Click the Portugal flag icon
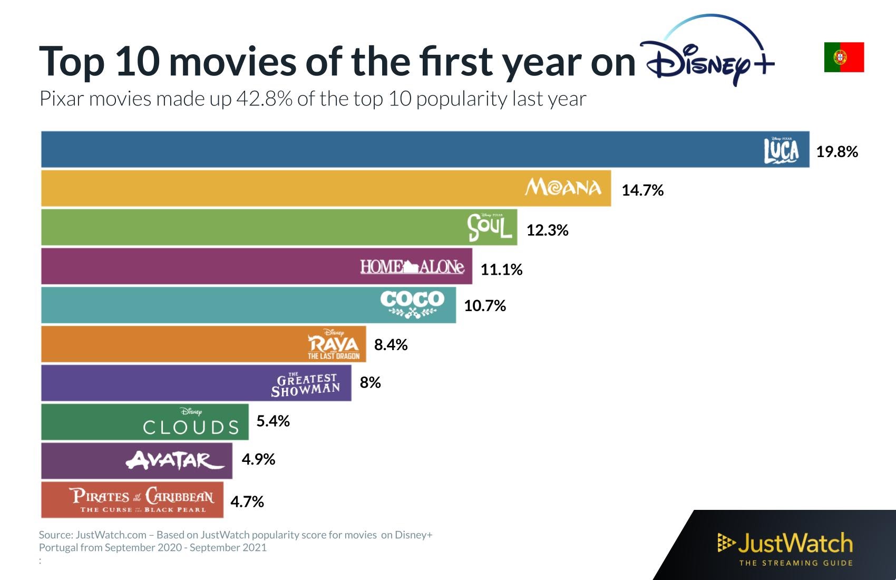click(844, 57)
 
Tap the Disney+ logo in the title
click(706, 55)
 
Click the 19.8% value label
click(837, 152)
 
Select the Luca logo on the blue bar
click(782, 150)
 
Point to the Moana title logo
click(563, 188)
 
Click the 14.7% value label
click(642, 190)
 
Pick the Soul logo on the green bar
click(490, 227)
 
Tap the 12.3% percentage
click(547, 230)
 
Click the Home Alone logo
click(412, 267)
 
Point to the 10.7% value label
click(484, 306)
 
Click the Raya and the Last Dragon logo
click(334, 344)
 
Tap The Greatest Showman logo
click(306, 385)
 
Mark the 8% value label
click(370, 383)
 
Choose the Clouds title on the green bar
click(191, 424)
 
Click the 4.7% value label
click(247, 501)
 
